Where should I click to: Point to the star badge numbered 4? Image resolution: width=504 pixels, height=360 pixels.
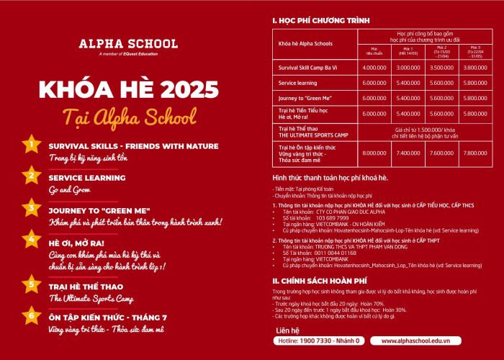[31, 239]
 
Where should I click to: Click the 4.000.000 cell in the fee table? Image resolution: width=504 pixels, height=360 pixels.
[375, 68]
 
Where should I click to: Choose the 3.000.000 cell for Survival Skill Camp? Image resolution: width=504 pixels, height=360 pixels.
[408, 68]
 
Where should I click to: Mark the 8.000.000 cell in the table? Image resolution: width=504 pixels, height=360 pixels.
[375, 153]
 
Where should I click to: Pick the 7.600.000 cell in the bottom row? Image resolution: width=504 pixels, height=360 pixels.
[441, 153]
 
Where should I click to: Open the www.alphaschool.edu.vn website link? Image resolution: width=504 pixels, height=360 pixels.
[431, 340]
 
